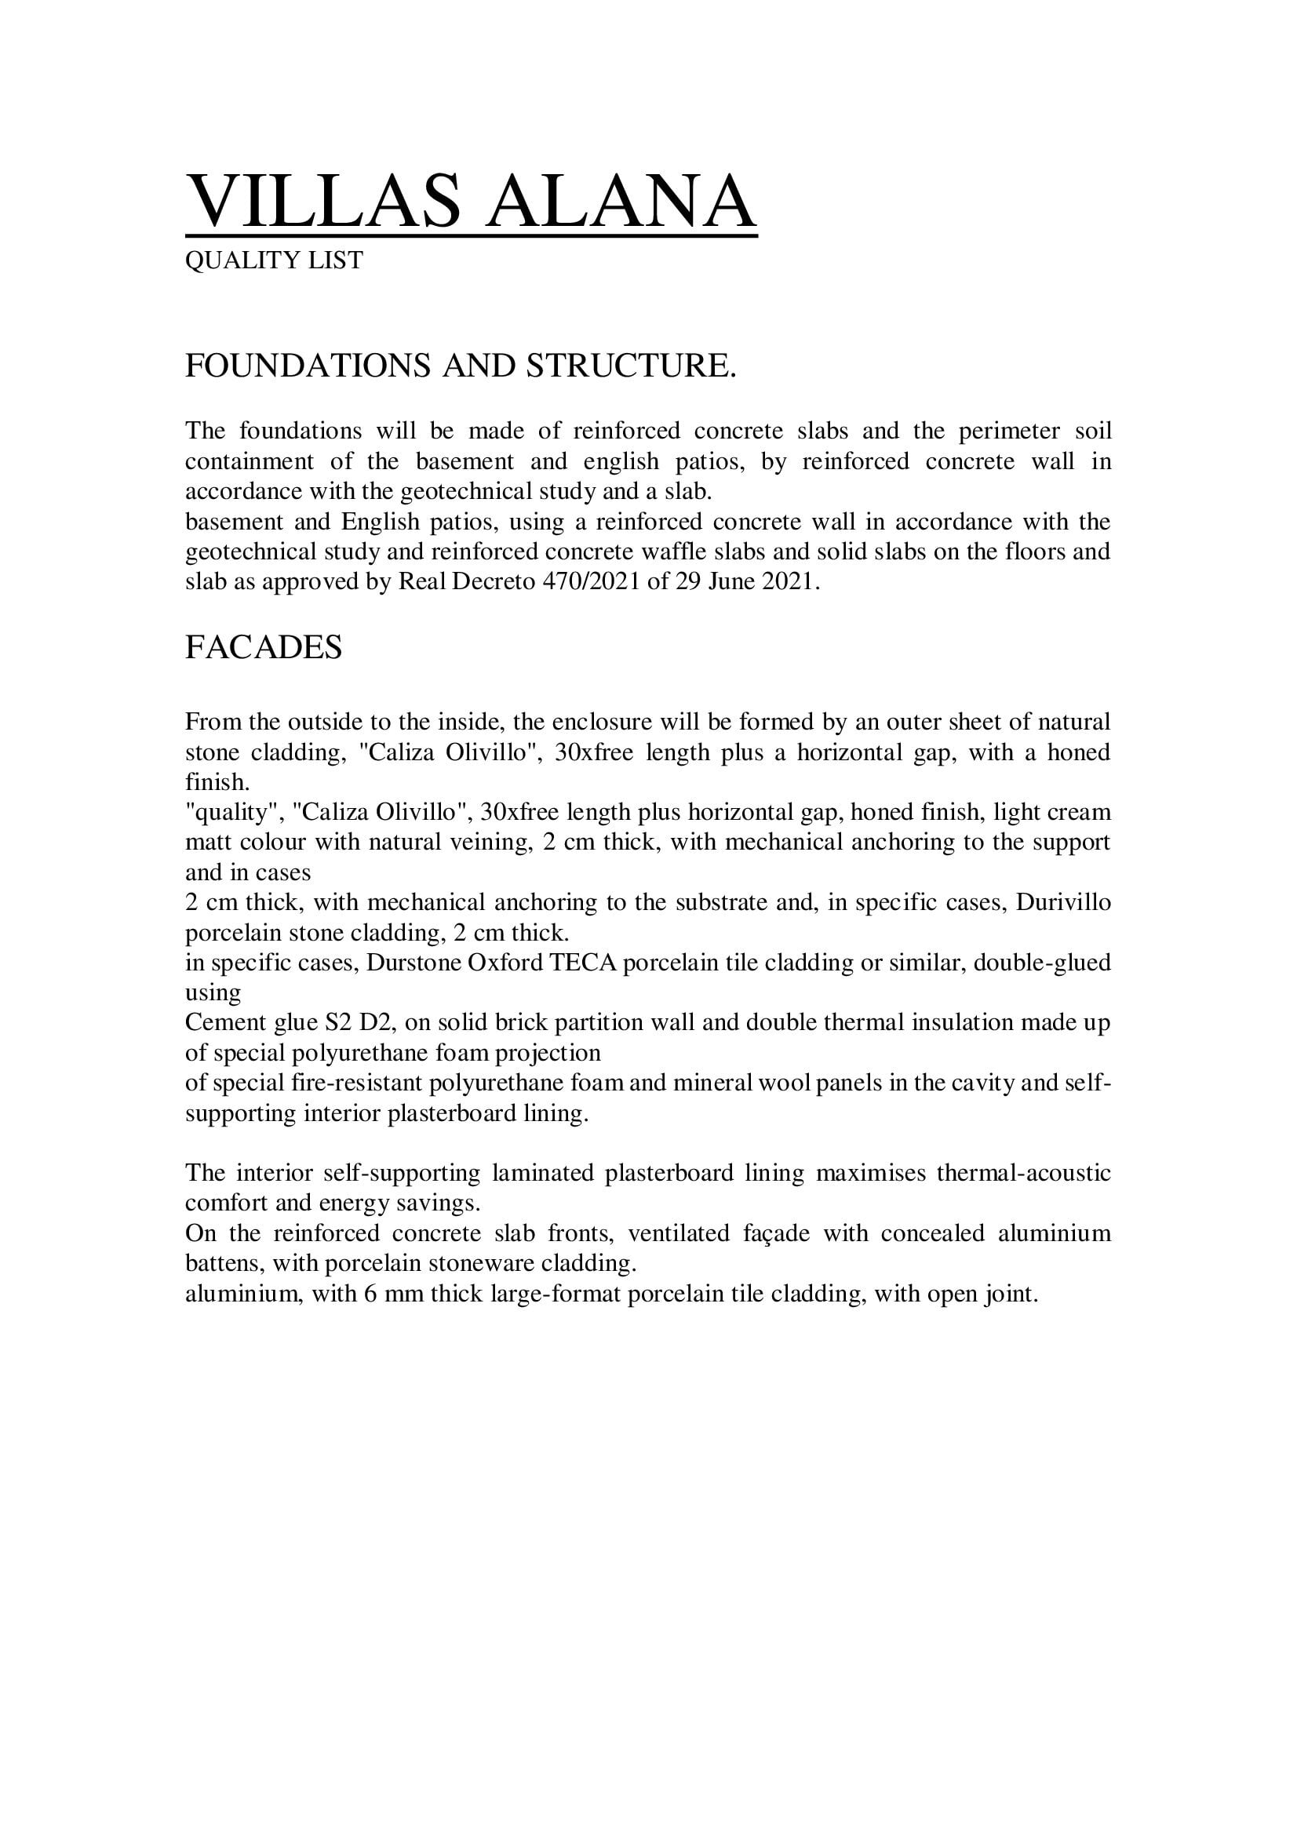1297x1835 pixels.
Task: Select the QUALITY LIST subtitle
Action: click(x=273, y=260)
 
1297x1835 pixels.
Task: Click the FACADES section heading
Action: click(x=263, y=646)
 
